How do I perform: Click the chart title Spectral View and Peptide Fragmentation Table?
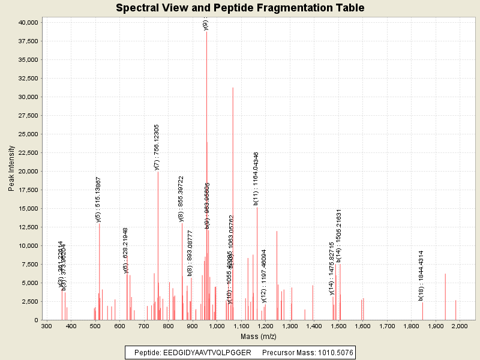click(240, 8)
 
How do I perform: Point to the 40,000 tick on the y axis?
click(28, 22)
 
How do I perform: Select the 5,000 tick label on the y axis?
click(30, 283)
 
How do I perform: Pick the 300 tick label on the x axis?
click(46, 326)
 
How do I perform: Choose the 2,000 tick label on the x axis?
click(460, 326)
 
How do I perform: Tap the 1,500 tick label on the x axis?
click(338, 326)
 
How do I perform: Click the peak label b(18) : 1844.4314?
click(421, 275)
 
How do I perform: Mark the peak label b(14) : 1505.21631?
click(339, 236)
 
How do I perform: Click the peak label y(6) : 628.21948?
click(126, 250)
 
